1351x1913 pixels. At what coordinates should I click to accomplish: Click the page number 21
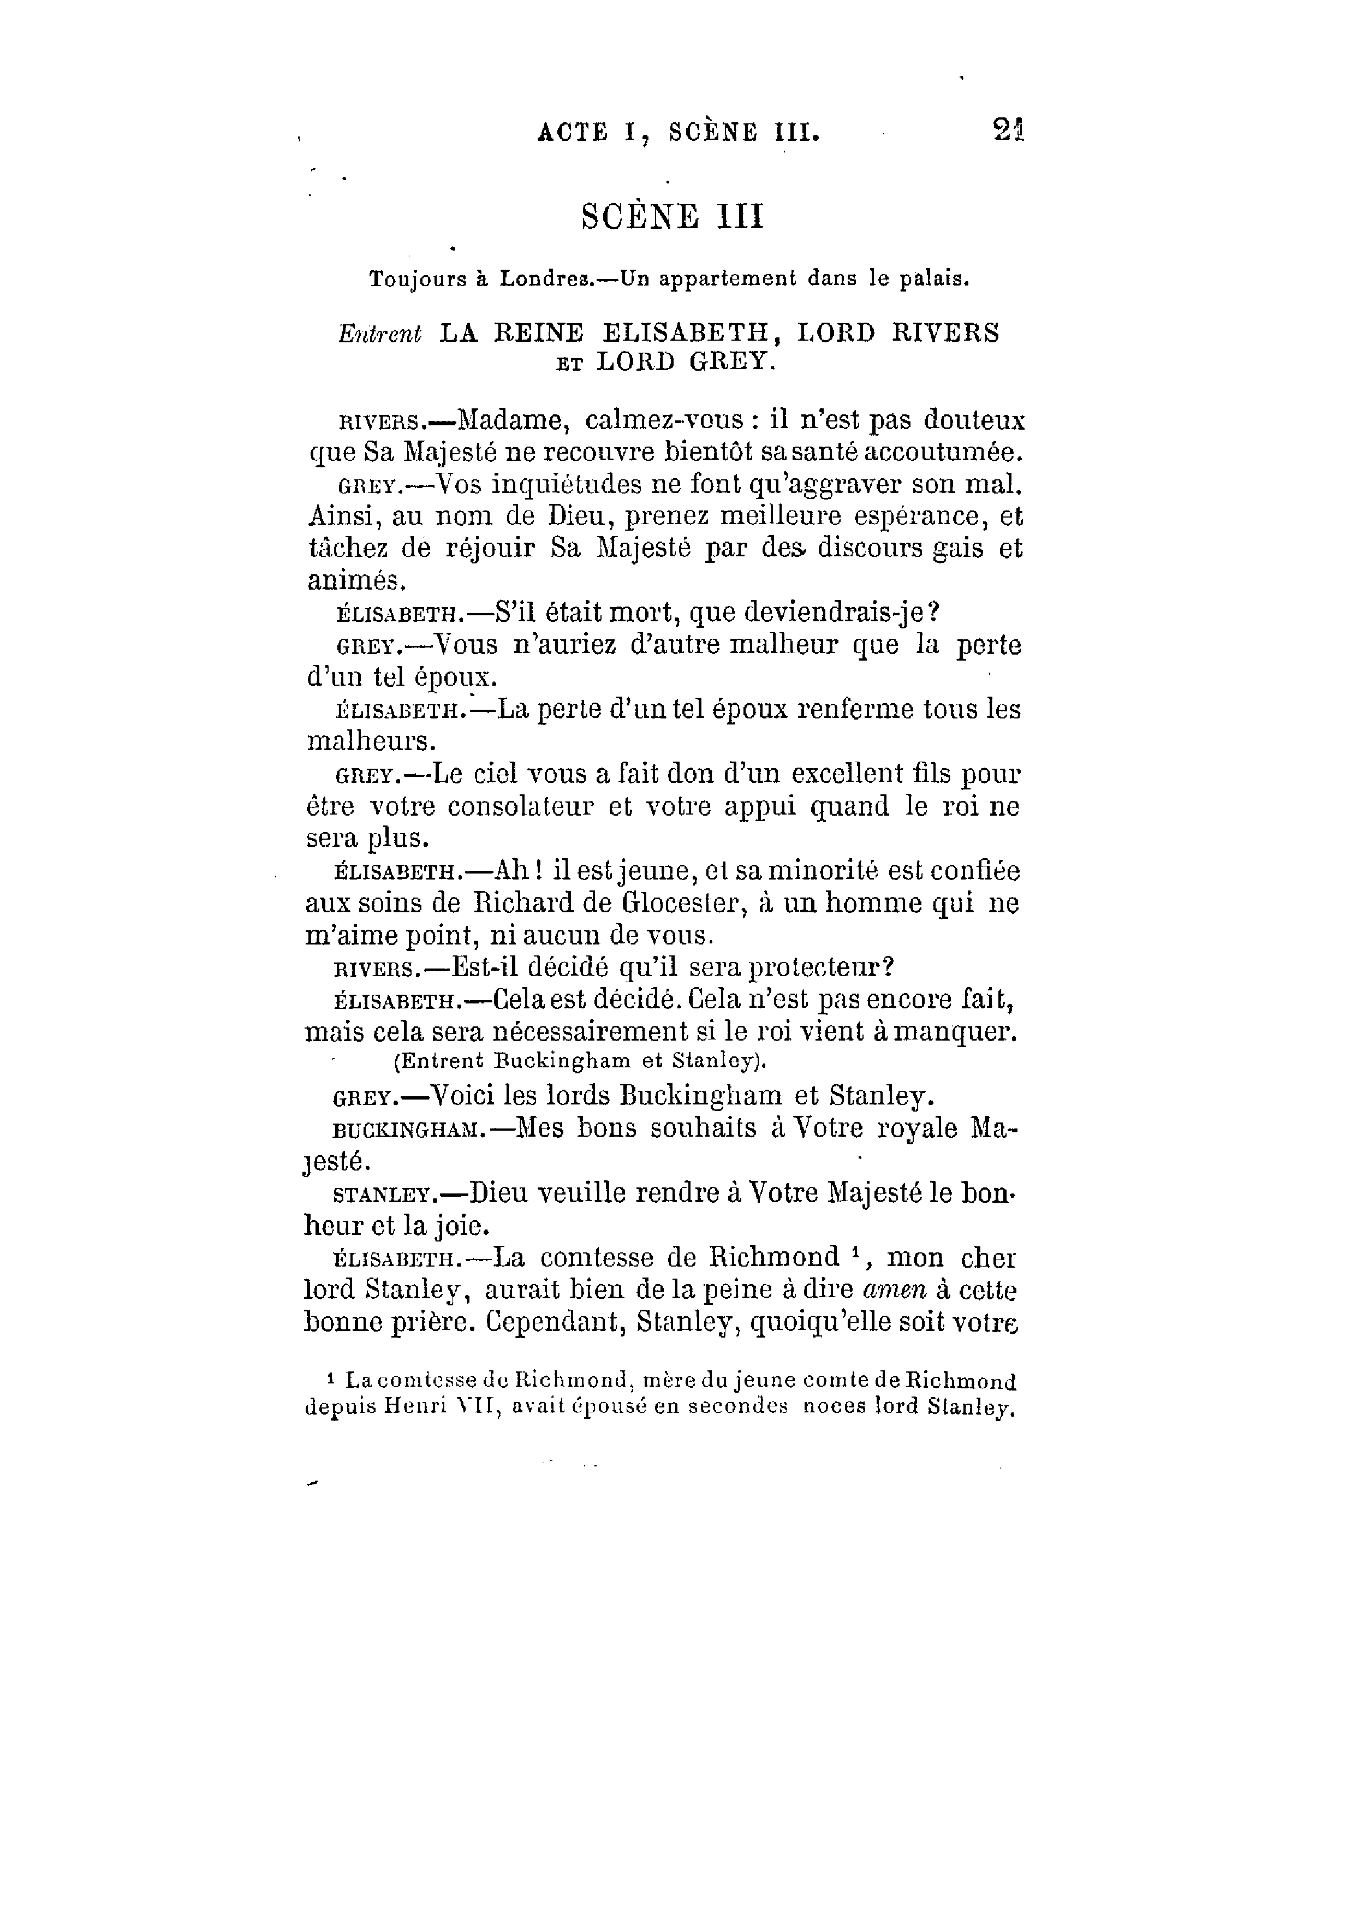tap(1008, 131)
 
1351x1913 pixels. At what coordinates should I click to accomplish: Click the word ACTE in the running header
tap(573, 133)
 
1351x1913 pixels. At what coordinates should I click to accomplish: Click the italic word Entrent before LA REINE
tap(380, 333)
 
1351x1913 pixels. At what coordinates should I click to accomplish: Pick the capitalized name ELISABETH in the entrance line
tap(689, 333)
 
